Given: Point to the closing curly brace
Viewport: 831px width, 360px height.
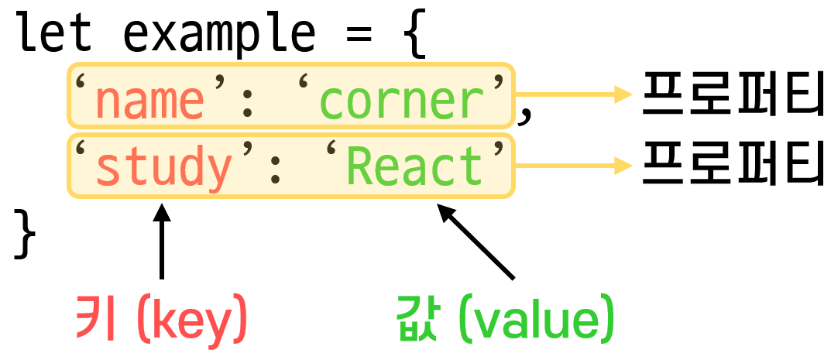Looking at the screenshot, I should point(26,236).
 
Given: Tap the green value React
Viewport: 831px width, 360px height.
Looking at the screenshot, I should point(414,166).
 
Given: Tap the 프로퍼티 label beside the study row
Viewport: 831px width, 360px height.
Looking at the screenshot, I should point(731,164).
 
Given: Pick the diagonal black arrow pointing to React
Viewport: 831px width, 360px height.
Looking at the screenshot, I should point(476,241).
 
